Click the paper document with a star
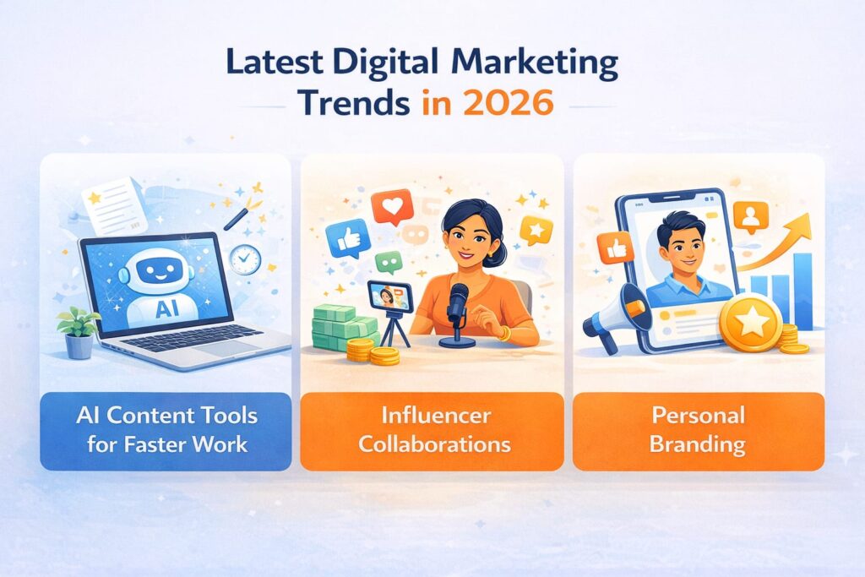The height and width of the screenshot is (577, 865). (115, 203)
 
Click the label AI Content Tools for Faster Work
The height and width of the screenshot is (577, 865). (166, 429)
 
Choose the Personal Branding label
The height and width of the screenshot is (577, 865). (699, 429)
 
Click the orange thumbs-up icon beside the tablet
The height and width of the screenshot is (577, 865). (614, 248)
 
